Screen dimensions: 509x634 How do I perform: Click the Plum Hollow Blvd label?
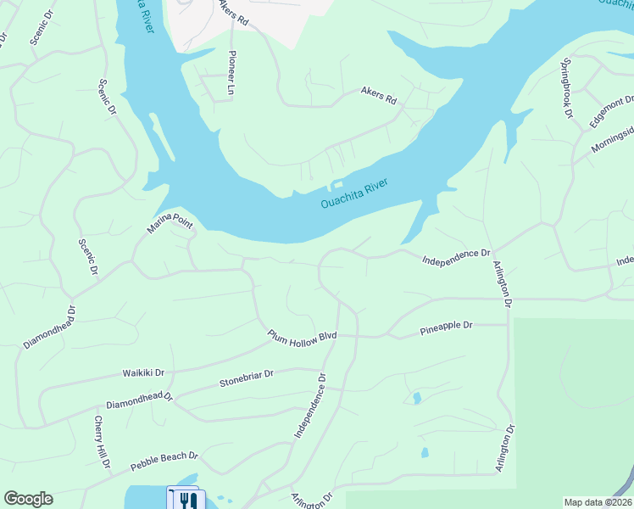click(x=303, y=337)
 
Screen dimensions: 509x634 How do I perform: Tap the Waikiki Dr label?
click(x=143, y=372)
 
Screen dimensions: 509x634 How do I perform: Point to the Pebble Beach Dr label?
click(x=164, y=461)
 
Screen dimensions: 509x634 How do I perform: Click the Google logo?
click(x=28, y=499)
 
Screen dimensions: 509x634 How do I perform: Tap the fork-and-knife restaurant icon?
click(x=186, y=501)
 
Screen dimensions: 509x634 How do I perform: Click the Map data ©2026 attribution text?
click(x=598, y=502)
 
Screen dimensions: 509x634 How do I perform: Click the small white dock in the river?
click(x=337, y=183)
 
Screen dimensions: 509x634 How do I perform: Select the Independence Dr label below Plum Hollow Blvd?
click(x=310, y=406)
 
